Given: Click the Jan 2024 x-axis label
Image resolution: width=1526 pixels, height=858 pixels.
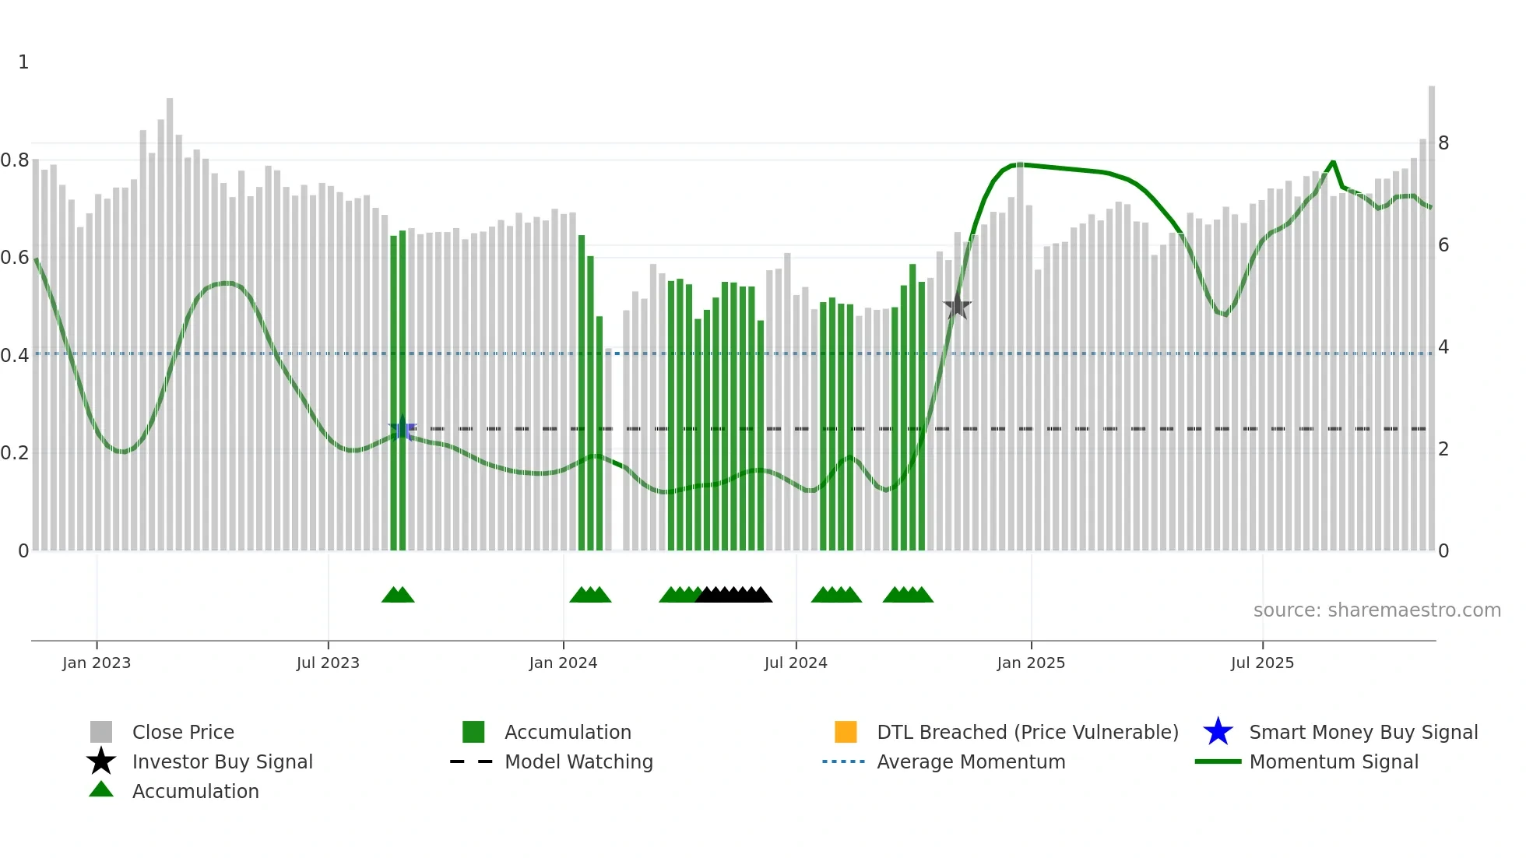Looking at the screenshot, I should tap(563, 663).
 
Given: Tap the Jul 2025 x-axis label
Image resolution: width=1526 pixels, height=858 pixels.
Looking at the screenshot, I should tap(1262, 663).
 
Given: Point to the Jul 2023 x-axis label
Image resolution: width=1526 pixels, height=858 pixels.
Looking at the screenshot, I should tap(328, 663).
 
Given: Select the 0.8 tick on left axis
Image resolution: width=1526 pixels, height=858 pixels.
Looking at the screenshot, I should tap(15, 160).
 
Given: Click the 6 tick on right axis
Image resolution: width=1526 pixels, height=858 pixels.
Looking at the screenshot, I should tap(1443, 245).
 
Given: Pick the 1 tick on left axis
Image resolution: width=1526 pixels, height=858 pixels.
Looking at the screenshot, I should tap(23, 62).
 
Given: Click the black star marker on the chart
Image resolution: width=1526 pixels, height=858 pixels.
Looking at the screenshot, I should tap(957, 307).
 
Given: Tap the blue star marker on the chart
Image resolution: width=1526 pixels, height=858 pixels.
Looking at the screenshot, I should tap(402, 429).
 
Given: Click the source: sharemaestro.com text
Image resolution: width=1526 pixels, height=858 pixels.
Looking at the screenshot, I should tap(1377, 610).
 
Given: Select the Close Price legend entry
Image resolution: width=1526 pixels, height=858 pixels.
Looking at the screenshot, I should tap(183, 732).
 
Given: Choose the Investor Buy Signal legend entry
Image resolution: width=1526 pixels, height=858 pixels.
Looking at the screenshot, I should tap(222, 761).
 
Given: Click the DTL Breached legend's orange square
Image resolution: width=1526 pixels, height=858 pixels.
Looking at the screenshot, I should tap(846, 732).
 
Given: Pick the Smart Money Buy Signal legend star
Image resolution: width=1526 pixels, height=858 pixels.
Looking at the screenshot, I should tap(1218, 732).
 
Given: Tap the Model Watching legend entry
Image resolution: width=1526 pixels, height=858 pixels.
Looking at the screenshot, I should tap(578, 761).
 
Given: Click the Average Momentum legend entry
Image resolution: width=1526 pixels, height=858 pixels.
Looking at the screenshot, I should tap(970, 761).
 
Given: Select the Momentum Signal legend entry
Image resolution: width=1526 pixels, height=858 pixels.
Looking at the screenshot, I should tap(1333, 761).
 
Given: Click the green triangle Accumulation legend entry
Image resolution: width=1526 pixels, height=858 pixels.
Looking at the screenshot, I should tap(195, 791).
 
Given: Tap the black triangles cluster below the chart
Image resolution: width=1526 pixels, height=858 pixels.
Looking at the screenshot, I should tap(733, 595).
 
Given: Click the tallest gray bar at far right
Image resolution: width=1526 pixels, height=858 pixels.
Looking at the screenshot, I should tap(1431, 311).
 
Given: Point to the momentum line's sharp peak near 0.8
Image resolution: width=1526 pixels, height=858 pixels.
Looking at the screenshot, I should tap(1333, 161).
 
